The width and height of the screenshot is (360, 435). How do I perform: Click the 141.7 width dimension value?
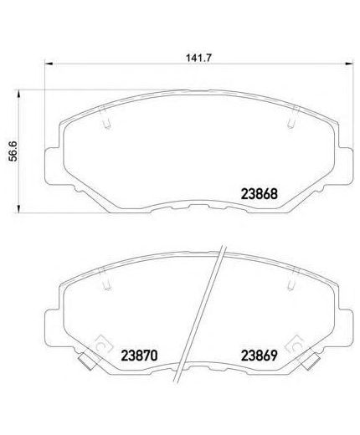click(199, 58)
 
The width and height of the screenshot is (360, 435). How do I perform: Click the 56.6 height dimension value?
click(13, 151)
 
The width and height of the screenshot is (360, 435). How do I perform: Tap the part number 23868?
click(260, 194)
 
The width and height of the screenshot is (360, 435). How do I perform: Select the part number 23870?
click(139, 356)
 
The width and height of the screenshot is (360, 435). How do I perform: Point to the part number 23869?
click(260, 356)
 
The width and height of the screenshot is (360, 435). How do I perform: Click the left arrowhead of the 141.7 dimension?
click(49, 64)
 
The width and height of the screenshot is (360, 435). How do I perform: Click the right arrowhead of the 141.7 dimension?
click(349, 64)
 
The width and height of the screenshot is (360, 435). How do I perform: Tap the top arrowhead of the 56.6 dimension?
click(18, 94)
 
